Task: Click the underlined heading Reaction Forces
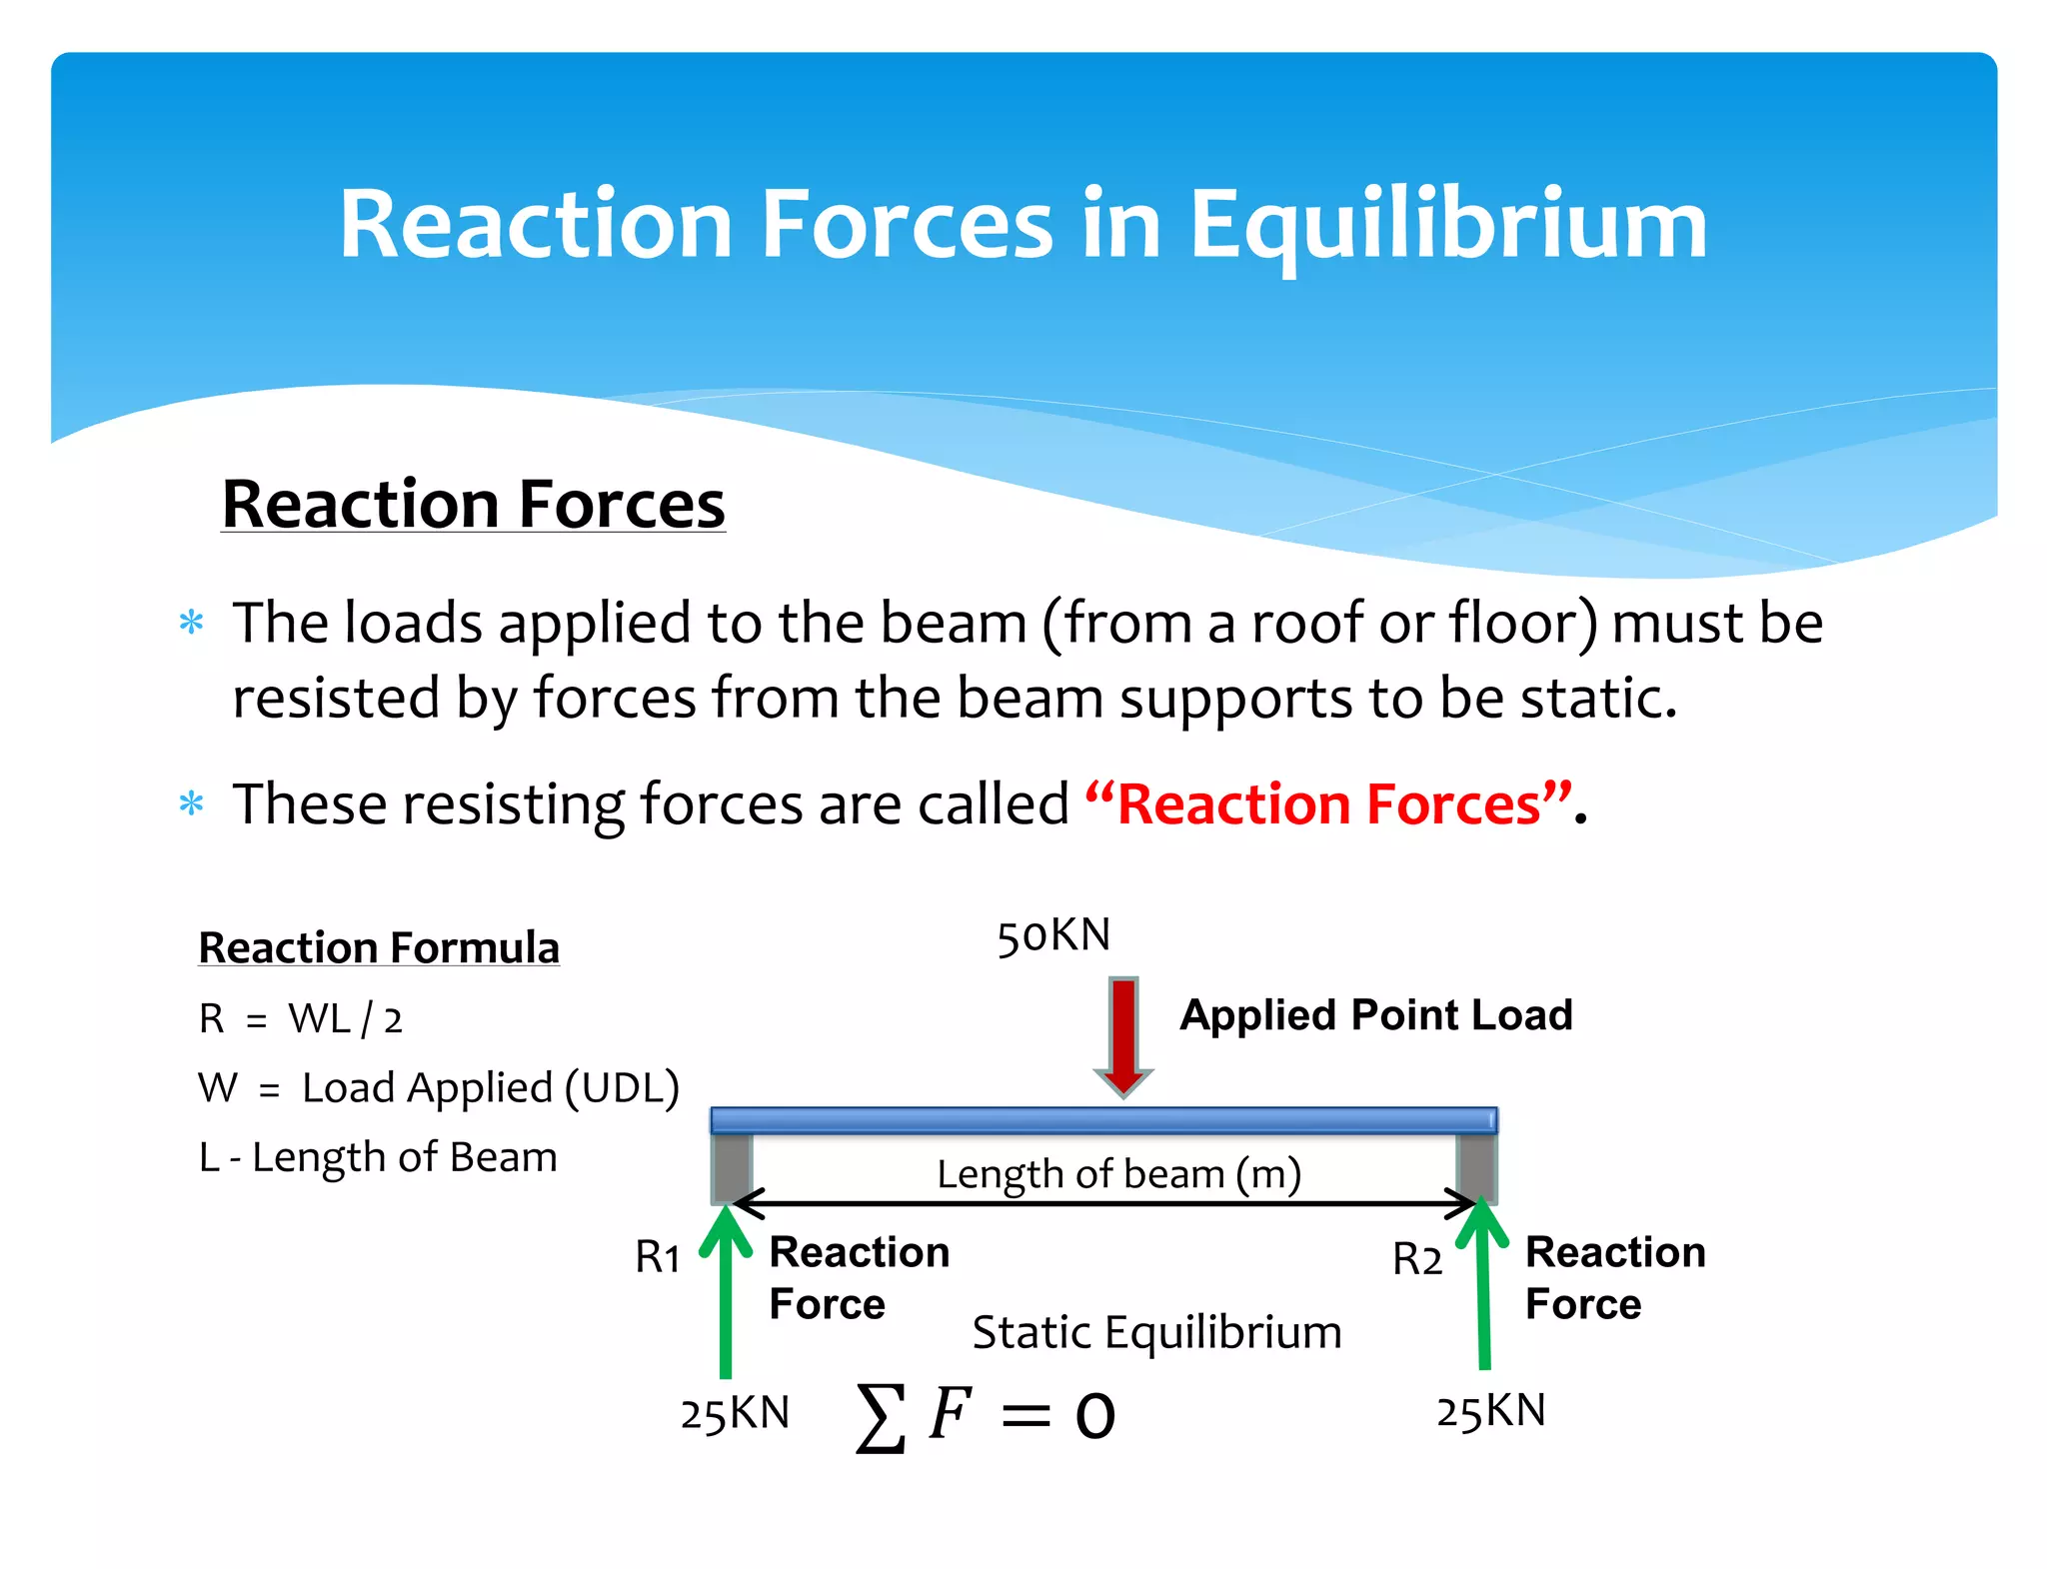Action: (x=473, y=504)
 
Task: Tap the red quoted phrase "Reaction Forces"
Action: (x=1329, y=804)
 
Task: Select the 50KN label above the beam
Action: (x=1053, y=936)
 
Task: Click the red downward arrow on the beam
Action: (x=1123, y=1035)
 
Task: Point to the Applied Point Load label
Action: (x=1376, y=1015)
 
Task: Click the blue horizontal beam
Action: (x=1103, y=1120)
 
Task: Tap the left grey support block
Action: (x=732, y=1166)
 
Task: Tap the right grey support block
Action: (x=1476, y=1166)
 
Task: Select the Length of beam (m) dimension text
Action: (x=1118, y=1173)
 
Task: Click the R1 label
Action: (x=658, y=1257)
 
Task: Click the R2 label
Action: (x=1417, y=1259)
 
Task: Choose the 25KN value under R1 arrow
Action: (x=735, y=1414)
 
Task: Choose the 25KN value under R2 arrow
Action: (x=1491, y=1411)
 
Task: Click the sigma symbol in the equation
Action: (x=881, y=1417)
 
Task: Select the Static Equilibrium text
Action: (x=1156, y=1332)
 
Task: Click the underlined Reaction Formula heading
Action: (x=379, y=947)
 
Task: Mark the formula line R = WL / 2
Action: (x=300, y=1019)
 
